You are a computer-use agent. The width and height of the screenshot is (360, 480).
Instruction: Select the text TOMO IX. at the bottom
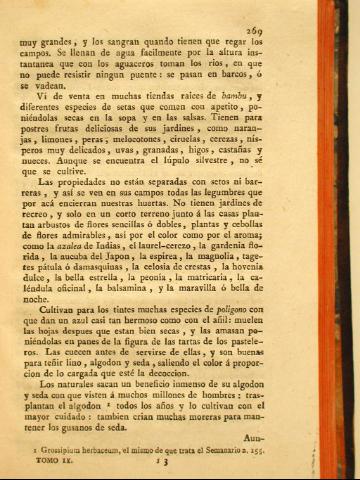51,465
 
